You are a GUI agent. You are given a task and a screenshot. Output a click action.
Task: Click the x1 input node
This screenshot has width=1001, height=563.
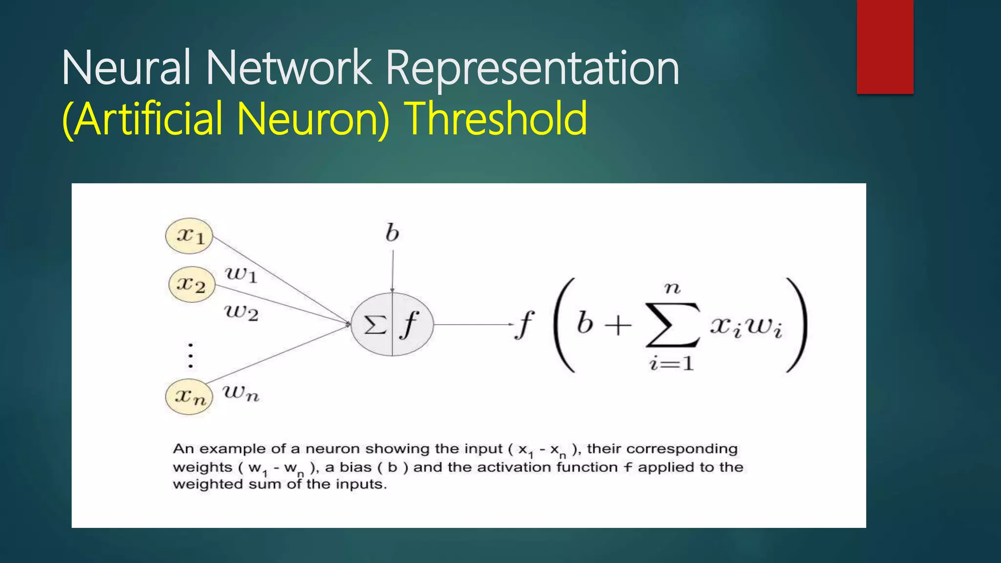click(189, 236)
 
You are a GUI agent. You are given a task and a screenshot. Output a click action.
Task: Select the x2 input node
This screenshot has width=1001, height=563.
click(192, 284)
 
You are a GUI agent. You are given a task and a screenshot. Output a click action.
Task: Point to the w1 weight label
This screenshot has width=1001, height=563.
click(241, 275)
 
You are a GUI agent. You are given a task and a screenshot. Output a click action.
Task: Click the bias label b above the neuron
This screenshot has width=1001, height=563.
click(392, 233)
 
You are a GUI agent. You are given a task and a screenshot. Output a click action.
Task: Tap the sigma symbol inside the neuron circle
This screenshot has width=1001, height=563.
click(375, 325)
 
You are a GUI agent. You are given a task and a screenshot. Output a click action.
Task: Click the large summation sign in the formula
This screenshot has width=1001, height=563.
click(673, 325)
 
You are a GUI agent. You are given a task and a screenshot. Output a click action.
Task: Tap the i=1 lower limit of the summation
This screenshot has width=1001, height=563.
click(672, 364)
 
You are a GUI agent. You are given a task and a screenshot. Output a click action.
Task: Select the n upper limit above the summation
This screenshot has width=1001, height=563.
click(673, 288)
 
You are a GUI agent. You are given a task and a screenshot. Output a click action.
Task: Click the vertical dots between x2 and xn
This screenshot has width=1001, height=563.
click(191, 355)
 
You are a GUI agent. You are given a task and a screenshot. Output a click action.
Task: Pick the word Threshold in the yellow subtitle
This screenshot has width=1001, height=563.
click(497, 118)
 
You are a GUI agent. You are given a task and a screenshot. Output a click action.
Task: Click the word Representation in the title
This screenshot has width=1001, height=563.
click(532, 68)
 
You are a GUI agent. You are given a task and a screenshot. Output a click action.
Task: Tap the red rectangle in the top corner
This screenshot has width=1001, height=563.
click(885, 47)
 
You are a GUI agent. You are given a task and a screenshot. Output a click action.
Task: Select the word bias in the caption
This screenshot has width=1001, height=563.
click(355, 467)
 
